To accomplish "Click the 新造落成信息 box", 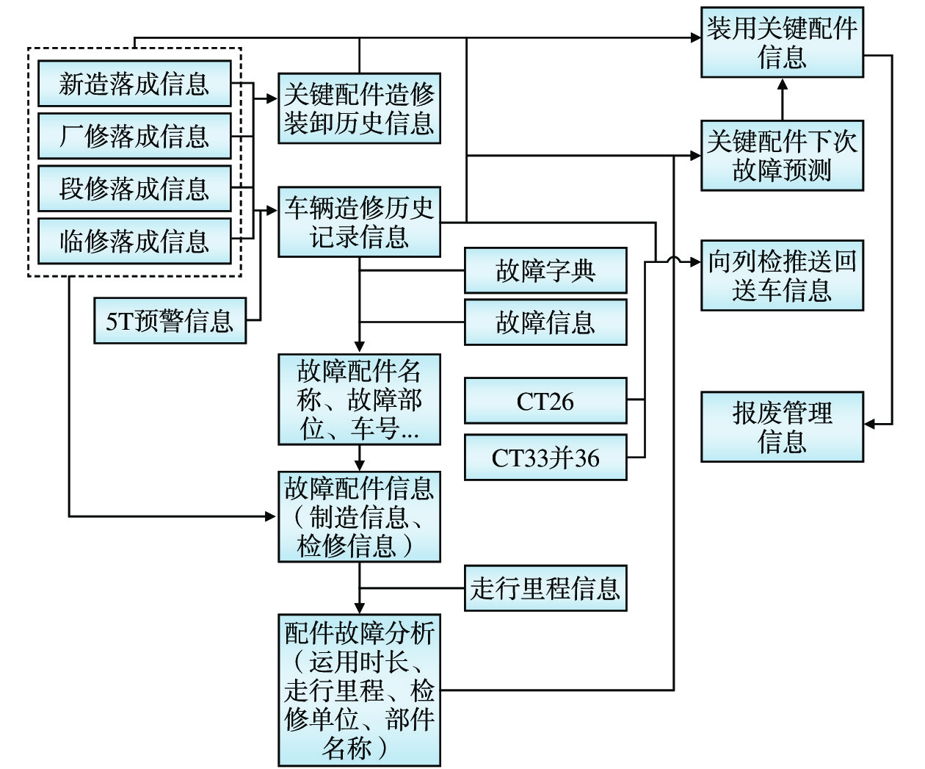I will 134,84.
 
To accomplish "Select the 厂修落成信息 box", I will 134,136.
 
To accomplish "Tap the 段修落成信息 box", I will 134,189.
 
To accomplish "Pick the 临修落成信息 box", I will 134,241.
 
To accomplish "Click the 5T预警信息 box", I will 170,321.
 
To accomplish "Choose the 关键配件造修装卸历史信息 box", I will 359,108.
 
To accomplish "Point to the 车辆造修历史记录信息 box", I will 359,222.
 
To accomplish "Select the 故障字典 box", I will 545,271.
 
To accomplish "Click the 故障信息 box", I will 545,322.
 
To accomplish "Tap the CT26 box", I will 545,401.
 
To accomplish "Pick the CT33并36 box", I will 545,458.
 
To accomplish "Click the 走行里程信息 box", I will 545,588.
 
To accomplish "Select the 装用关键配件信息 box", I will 782,43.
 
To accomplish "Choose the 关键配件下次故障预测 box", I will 782,156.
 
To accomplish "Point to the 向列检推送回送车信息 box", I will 782,275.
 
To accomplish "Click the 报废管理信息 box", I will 782,427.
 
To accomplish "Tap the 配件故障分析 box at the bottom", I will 359,690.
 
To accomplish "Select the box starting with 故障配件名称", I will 359,400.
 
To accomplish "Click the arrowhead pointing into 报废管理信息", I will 869,424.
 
